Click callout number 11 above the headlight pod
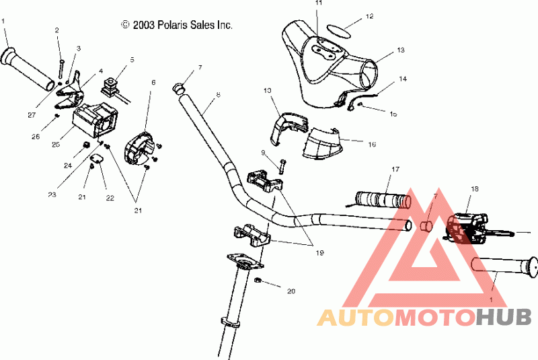point(319,3)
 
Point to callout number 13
point(401,50)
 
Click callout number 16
point(372,143)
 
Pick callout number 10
point(267,90)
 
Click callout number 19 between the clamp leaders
point(319,253)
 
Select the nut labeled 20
point(259,280)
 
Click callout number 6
point(153,82)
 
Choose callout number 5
point(132,60)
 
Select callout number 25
point(55,143)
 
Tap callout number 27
point(32,115)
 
